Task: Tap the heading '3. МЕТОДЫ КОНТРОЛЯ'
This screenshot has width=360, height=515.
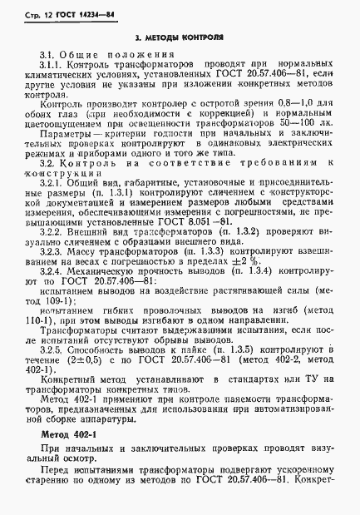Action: (x=179, y=37)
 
